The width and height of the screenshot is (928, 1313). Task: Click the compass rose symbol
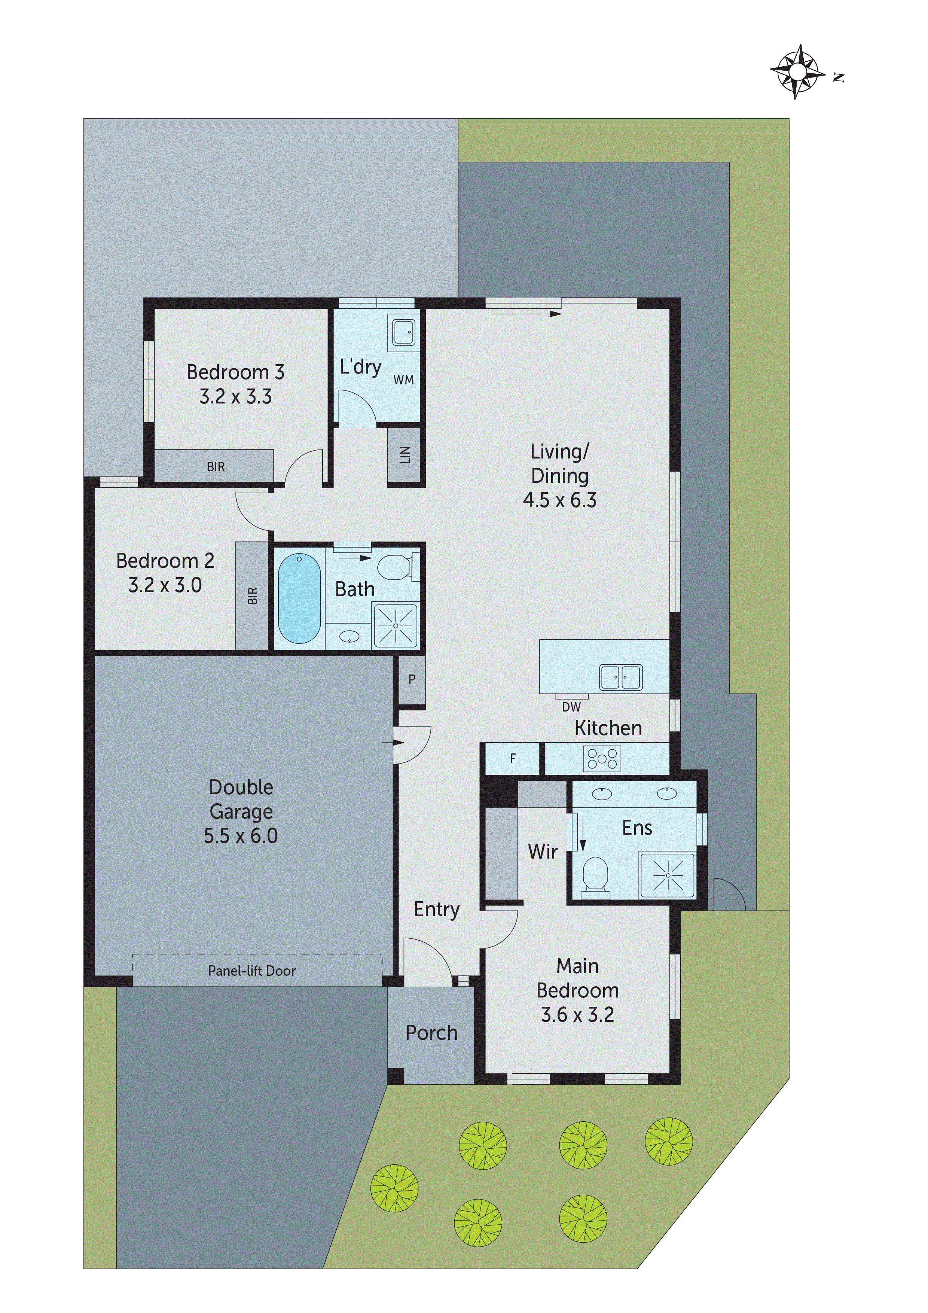point(798,72)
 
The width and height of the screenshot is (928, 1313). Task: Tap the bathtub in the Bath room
point(299,598)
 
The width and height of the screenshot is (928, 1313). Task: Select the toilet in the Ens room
point(595,875)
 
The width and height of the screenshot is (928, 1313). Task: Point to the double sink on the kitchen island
point(620,677)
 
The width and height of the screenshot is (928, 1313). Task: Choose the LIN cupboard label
point(405,455)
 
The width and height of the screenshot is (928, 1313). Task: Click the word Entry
point(436,909)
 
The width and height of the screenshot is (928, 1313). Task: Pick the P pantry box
point(412,679)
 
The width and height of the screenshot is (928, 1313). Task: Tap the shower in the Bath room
point(395,625)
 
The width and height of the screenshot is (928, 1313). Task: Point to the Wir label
point(542,852)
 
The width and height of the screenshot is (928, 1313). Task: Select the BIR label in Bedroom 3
point(216,467)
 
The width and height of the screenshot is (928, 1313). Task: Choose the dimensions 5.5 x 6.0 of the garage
point(241,836)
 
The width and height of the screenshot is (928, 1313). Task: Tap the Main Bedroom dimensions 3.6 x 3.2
point(577,1014)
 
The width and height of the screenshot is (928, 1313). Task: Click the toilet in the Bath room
point(394,566)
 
